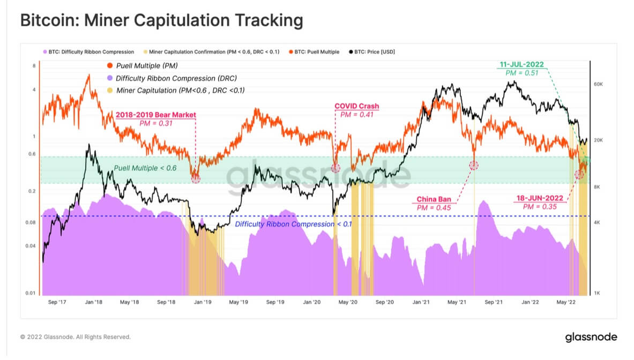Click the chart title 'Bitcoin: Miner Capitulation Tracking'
[x=161, y=21]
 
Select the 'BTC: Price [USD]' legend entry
[x=372, y=52]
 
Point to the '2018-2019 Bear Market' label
[x=156, y=115]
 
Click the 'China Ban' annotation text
[x=437, y=200]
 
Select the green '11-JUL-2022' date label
[x=521, y=65]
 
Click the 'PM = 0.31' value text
[x=156, y=123]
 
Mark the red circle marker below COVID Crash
[x=335, y=168]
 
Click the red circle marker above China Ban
[x=474, y=165]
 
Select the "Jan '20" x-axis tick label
[x=312, y=302]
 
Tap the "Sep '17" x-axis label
[x=57, y=302]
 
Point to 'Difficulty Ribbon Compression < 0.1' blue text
[x=293, y=224]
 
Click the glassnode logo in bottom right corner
[x=591, y=337]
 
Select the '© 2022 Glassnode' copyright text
[x=75, y=337]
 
